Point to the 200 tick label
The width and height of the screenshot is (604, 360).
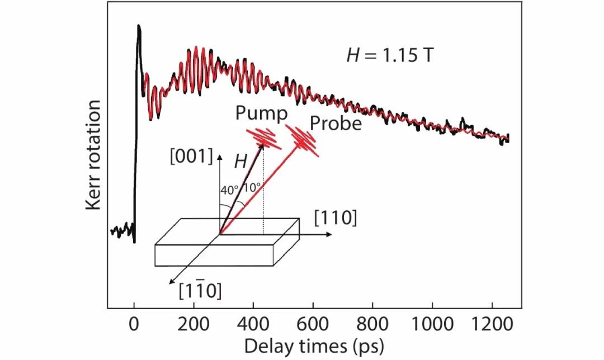coord(194,324)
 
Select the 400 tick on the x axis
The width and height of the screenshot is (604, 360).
coord(253,324)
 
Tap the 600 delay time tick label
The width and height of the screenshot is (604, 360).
coord(313,324)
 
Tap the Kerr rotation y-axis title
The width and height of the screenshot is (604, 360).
coord(94,155)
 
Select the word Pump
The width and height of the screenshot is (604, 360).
coord(261,113)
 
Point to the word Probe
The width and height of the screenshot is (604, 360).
coord(336,123)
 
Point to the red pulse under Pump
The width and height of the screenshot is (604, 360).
coord(265,137)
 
